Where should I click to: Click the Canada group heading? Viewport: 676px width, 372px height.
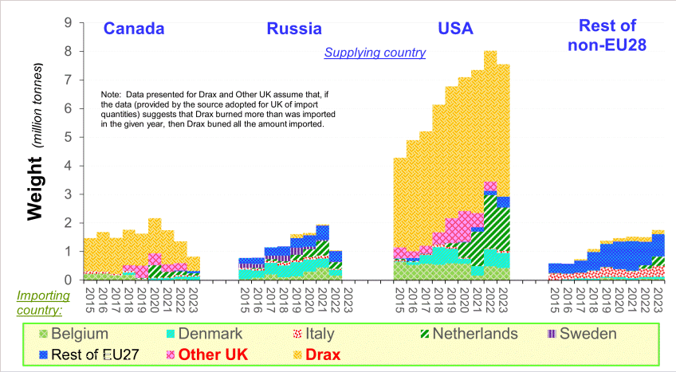click(134, 29)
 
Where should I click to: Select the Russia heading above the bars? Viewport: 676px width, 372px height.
click(294, 29)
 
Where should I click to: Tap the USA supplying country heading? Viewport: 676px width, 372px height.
click(456, 29)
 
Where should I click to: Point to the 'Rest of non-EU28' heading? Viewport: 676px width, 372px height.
click(607, 35)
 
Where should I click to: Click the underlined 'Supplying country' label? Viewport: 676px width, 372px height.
click(375, 53)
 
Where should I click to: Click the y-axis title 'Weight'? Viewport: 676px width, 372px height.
click(35, 189)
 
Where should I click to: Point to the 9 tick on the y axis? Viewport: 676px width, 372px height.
click(68, 22)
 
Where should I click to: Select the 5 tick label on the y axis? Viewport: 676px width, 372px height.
click(68, 137)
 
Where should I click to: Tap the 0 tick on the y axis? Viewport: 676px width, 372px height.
click(68, 280)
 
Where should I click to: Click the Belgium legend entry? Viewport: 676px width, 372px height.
click(73, 334)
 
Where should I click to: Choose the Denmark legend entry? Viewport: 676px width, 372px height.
click(204, 334)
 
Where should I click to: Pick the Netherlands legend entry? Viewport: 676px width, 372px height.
click(469, 334)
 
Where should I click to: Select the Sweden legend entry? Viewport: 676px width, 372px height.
click(582, 334)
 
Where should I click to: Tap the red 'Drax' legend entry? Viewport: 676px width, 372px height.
click(317, 354)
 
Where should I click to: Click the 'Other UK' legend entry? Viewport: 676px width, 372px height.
click(207, 354)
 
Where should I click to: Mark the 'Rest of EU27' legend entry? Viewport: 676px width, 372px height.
click(88, 354)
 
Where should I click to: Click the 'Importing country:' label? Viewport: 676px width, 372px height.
click(43, 303)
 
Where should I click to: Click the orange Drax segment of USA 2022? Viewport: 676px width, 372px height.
click(490, 116)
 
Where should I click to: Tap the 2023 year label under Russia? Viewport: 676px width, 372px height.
click(348, 300)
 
